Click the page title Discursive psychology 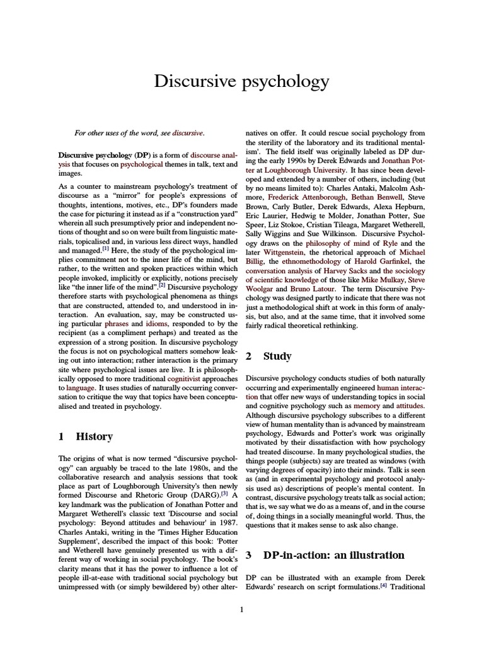pyautogui.click(x=242, y=81)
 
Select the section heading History pyautogui.click(x=94, y=437)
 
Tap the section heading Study pyautogui.click(x=277, y=357)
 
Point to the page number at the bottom pyautogui.click(x=242, y=609)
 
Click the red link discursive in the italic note pyautogui.click(x=188, y=134)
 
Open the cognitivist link pyautogui.click(x=187, y=379)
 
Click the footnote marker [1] pyautogui.click(x=105, y=248)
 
